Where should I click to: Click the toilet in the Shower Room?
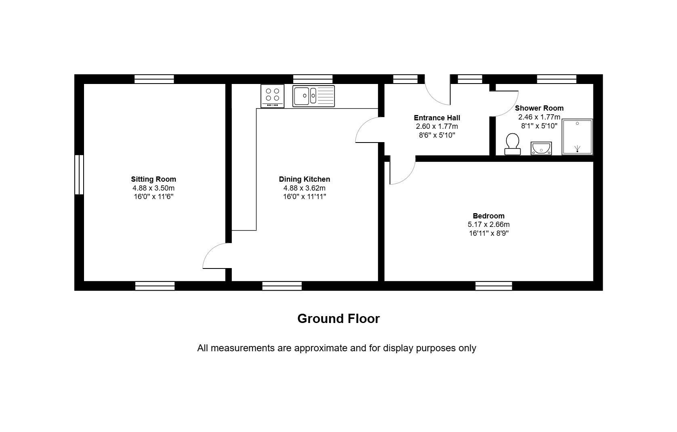[x=512, y=144]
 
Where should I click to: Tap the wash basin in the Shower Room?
[x=541, y=148]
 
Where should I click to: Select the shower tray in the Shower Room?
[x=577, y=137]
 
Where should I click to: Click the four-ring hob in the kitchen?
[x=272, y=96]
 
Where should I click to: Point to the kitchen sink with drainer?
[x=313, y=96]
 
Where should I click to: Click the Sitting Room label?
[x=153, y=179]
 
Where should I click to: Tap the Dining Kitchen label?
[x=304, y=179]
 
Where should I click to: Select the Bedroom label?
[x=489, y=216]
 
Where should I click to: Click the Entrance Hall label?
[x=437, y=118]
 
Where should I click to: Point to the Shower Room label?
[x=539, y=108]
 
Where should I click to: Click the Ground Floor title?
[x=338, y=319]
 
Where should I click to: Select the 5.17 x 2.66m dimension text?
[x=489, y=224]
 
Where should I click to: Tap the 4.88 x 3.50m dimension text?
[x=153, y=188]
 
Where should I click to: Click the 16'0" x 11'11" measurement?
[x=304, y=197]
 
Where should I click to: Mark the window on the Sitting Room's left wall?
[x=79, y=174]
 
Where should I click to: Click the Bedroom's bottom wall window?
[x=494, y=286]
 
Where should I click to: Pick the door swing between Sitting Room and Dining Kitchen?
[x=211, y=251]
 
